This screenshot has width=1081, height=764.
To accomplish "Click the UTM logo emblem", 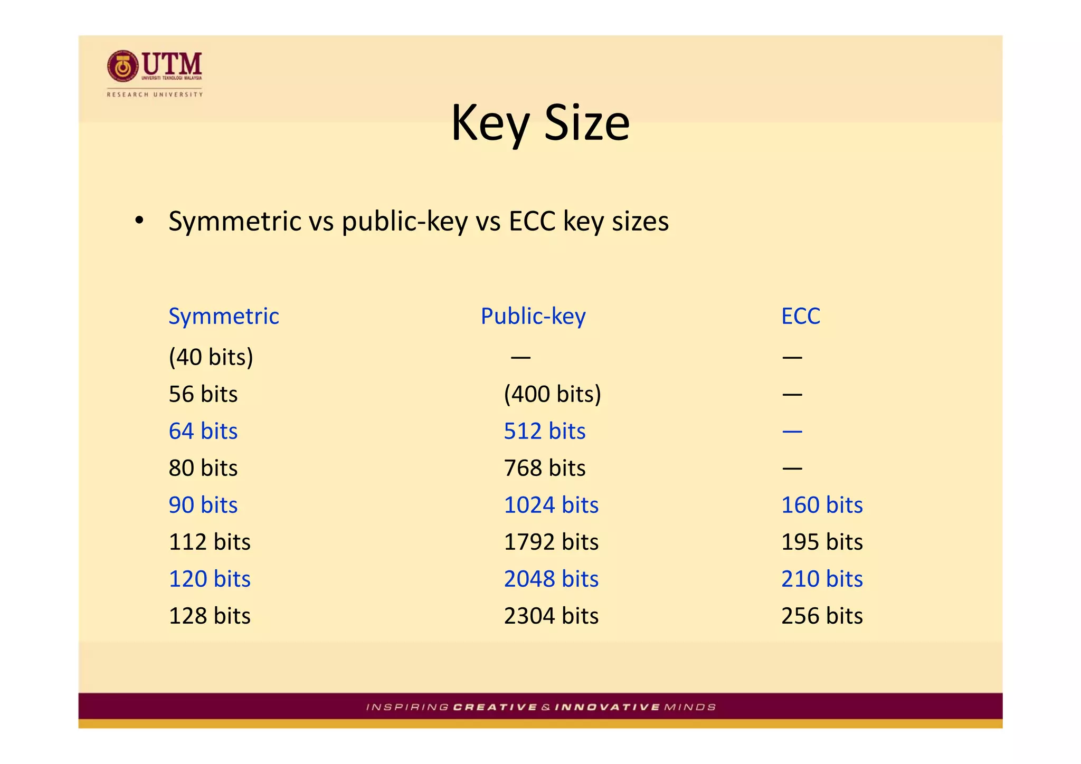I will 123,66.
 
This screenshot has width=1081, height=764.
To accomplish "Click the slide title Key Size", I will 540,122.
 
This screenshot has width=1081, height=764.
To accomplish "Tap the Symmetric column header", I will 223,316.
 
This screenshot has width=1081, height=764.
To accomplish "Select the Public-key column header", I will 533,316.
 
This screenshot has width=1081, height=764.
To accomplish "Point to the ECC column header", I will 800,316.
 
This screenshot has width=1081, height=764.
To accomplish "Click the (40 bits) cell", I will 211,357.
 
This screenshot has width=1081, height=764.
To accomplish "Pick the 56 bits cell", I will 203,394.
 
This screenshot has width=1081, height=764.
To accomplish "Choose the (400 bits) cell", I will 552,394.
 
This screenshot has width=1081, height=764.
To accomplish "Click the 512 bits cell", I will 544,431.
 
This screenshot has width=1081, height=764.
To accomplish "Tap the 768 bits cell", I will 544,468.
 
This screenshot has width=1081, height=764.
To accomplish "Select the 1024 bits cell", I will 551,505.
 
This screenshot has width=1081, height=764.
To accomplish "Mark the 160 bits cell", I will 822,505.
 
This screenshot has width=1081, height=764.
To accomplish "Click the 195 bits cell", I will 822,542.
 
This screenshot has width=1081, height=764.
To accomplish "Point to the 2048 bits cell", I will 551,579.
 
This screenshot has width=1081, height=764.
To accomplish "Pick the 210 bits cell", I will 822,579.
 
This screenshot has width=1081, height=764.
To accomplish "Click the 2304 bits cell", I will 551,616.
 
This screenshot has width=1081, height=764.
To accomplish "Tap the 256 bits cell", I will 822,616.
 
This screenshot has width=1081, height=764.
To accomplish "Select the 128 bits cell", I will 210,616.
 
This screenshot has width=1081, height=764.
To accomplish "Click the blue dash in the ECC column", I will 792,432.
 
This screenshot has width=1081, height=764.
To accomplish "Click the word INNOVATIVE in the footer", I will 607,707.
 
